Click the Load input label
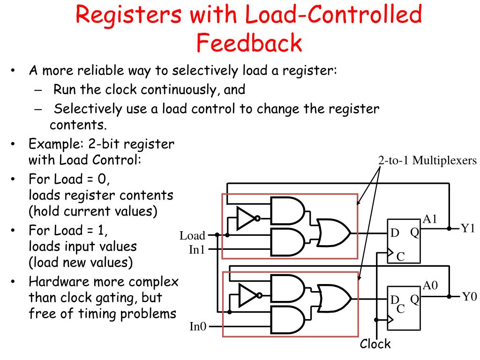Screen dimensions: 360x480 tap(193, 235)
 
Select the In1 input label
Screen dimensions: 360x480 tap(197, 250)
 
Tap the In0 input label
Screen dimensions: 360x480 tap(197, 326)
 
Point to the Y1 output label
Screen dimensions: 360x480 tap(468, 229)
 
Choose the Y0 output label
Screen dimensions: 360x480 tap(468, 296)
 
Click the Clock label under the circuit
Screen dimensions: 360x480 tap(375, 345)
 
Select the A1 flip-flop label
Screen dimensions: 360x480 tap(430, 219)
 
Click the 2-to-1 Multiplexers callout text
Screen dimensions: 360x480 tap(427, 160)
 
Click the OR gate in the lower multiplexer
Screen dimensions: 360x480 tap(333, 296)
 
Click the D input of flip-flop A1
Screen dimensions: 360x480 tap(395, 233)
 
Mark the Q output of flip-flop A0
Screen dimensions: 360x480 tap(414, 299)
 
